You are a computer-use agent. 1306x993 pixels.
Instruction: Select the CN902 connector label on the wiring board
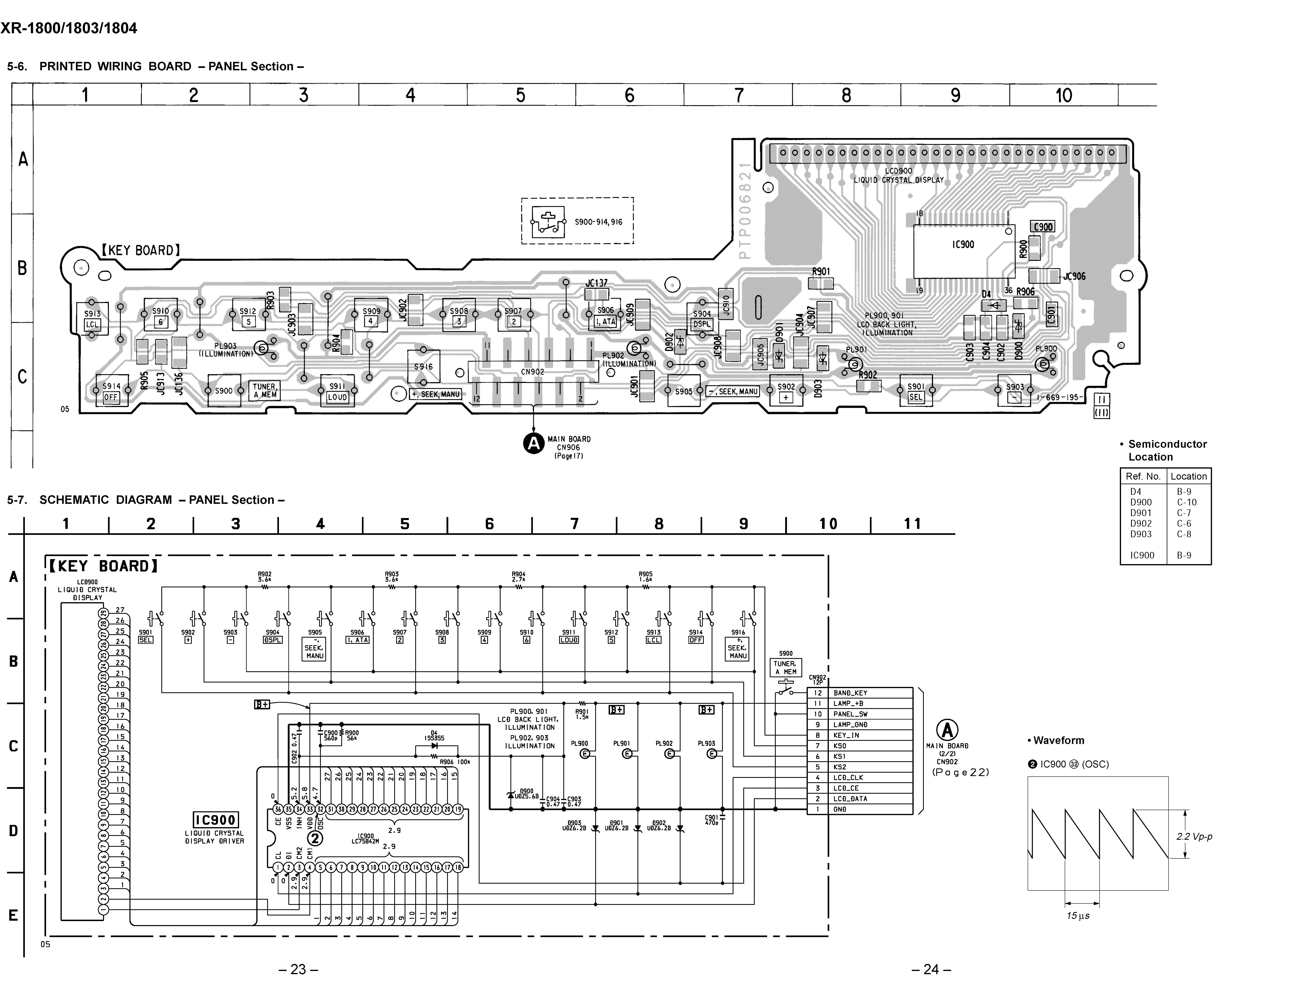click(x=532, y=372)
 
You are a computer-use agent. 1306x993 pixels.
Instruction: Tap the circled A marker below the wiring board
click(x=533, y=443)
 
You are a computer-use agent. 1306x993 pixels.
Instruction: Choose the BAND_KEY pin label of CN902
click(x=850, y=693)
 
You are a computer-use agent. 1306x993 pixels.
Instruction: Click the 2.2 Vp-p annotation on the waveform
click(x=1194, y=836)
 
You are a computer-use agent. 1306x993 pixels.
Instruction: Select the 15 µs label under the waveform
click(x=1078, y=915)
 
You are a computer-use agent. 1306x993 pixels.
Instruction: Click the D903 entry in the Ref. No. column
click(x=1141, y=534)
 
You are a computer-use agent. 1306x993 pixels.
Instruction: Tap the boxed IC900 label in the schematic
click(x=216, y=820)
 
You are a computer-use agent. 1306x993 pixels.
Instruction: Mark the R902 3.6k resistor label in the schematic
click(x=264, y=577)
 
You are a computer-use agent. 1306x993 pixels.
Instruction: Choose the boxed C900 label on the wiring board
click(x=1043, y=227)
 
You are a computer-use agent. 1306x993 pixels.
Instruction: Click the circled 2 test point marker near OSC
click(x=315, y=838)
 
